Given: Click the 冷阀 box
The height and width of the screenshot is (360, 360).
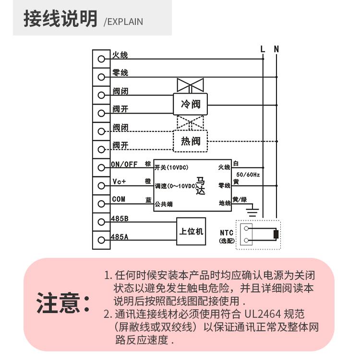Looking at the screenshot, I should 190,104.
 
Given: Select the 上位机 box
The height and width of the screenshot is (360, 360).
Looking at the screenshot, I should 191,231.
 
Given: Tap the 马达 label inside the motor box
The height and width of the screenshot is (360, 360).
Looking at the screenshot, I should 201,185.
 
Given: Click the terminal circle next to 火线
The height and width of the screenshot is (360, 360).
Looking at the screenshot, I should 101,59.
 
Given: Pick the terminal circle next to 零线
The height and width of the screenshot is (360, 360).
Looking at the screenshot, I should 101,77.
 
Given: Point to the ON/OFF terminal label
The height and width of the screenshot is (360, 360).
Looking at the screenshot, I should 124,164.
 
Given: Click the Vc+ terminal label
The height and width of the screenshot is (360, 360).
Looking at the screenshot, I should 119,181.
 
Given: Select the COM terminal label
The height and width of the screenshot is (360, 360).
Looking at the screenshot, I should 119,199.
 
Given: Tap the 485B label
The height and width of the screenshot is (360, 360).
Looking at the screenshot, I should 120,219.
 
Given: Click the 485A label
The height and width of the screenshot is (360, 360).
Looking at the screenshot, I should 120,237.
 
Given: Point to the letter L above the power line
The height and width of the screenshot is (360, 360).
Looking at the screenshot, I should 262,48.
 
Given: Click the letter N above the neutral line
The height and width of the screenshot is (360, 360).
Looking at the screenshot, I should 276,48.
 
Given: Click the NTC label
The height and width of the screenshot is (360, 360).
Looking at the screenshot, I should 227,233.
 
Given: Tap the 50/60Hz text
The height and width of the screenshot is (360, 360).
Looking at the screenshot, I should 248,175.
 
